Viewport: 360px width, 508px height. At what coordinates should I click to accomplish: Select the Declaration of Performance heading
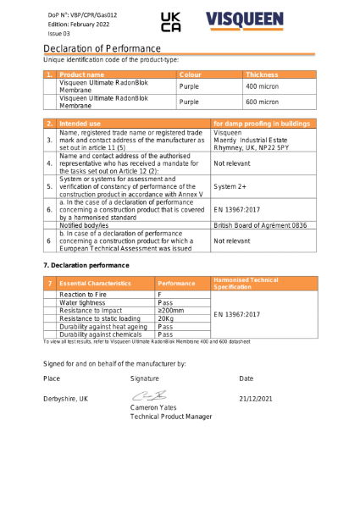(102, 50)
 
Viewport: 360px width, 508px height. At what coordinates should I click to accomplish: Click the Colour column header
(190, 75)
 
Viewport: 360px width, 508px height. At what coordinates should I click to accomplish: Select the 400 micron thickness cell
(262, 86)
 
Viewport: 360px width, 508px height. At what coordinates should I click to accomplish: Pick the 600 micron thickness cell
(262, 102)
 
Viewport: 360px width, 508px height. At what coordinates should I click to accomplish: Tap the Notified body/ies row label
(89, 226)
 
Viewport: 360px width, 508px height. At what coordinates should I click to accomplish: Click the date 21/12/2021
(256, 399)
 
